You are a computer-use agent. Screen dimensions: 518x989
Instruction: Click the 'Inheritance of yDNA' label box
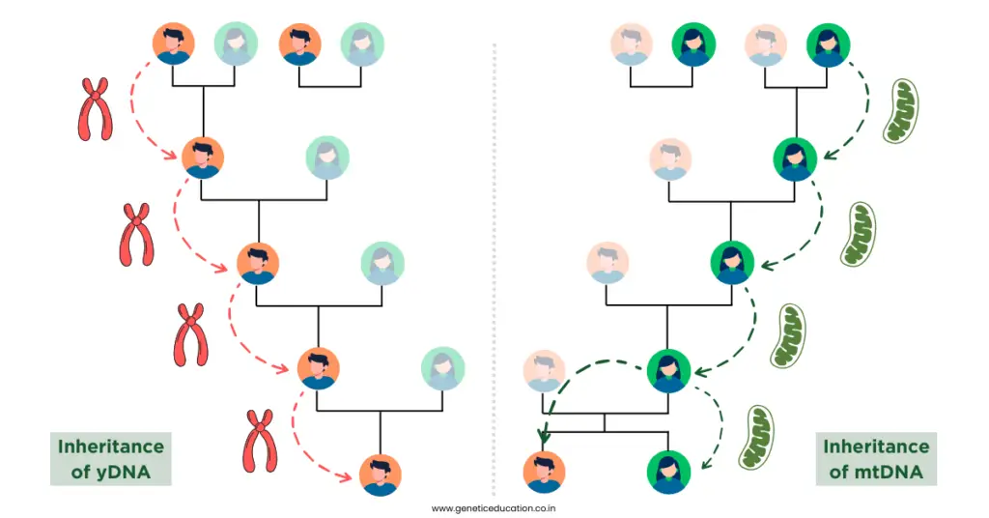coord(111,458)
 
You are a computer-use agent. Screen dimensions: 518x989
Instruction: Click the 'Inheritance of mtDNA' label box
coord(875,458)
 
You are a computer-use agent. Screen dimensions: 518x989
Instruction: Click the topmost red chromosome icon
coord(95,109)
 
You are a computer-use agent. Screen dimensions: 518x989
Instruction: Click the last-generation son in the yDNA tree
coord(380,475)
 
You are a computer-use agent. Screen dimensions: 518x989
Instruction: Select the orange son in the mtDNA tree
coord(544,472)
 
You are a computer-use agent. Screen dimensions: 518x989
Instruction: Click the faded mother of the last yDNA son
coord(442,369)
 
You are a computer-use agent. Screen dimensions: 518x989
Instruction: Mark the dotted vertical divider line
coord(494,261)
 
